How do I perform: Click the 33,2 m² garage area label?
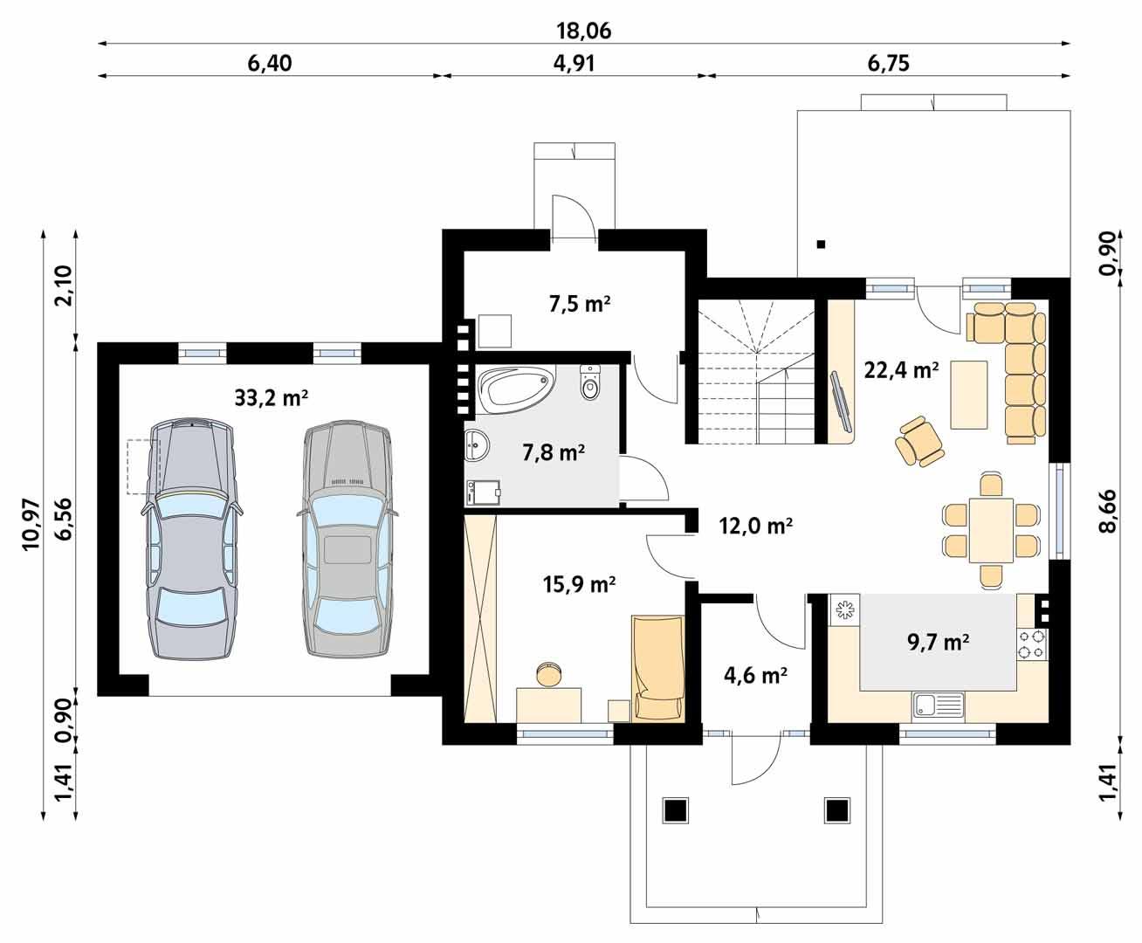tap(272, 398)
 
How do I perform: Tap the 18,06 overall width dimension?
tap(584, 31)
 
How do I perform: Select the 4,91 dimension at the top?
tap(574, 64)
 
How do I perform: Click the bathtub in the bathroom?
tap(515, 387)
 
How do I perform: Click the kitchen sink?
tap(937, 704)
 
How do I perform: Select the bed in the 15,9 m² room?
tap(657, 668)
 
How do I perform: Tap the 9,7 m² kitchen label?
tap(939, 643)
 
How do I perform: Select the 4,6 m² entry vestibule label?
tap(756, 674)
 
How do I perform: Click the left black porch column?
tap(676, 810)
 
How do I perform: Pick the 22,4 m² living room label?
tap(901, 369)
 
